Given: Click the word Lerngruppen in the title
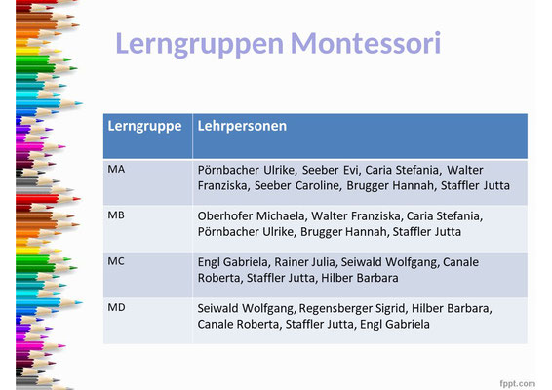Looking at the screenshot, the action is coord(199,44).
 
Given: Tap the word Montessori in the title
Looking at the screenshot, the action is coord(366,43).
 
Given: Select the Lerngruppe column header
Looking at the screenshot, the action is coord(144,127).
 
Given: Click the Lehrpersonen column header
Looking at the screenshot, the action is coord(242,126).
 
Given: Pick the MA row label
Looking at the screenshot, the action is coord(116,169).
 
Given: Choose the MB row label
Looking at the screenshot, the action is coord(116,215).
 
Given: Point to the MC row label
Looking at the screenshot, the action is coord(116,261).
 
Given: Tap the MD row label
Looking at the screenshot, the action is coord(116,307).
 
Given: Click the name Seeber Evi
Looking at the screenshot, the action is coord(331,170).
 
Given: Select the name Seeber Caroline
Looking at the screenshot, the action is coord(297,185).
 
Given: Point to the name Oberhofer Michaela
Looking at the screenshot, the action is coord(252,216).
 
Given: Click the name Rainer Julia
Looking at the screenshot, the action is coord(305,262).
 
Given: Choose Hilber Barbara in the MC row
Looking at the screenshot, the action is coord(360,278).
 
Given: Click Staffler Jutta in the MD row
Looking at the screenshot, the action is coord(320,324).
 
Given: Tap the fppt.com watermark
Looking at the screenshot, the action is coord(518,383).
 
